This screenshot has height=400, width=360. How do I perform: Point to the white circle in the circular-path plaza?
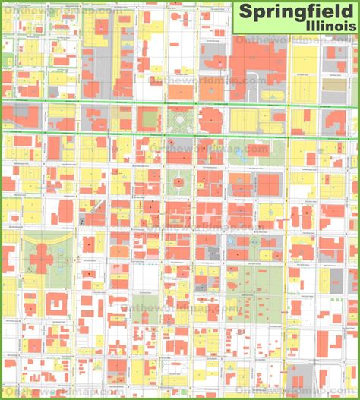(x=179, y=119)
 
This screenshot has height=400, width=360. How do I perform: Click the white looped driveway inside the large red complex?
(x=258, y=57)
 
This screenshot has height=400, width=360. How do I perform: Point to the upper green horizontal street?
(x=180, y=102)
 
